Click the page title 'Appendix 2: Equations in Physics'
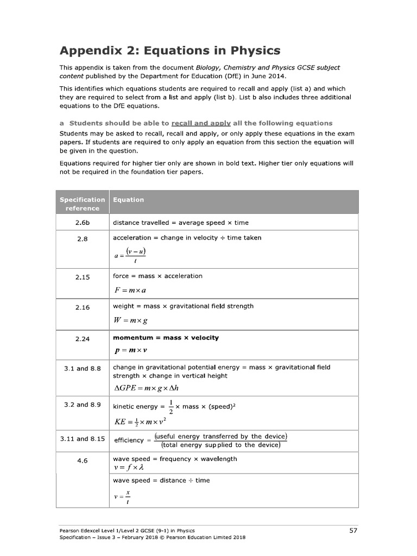point(169,50)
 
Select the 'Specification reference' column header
point(83,204)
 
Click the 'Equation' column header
point(128,200)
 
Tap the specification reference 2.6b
point(83,223)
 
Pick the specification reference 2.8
point(83,238)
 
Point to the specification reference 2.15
point(83,277)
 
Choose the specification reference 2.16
point(83,307)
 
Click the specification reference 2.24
point(83,339)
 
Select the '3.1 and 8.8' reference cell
point(83,368)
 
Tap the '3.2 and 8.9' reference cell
point(83,405)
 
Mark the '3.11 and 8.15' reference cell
point(83,439)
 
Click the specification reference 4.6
point(83,460)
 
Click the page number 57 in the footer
point(353,530)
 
